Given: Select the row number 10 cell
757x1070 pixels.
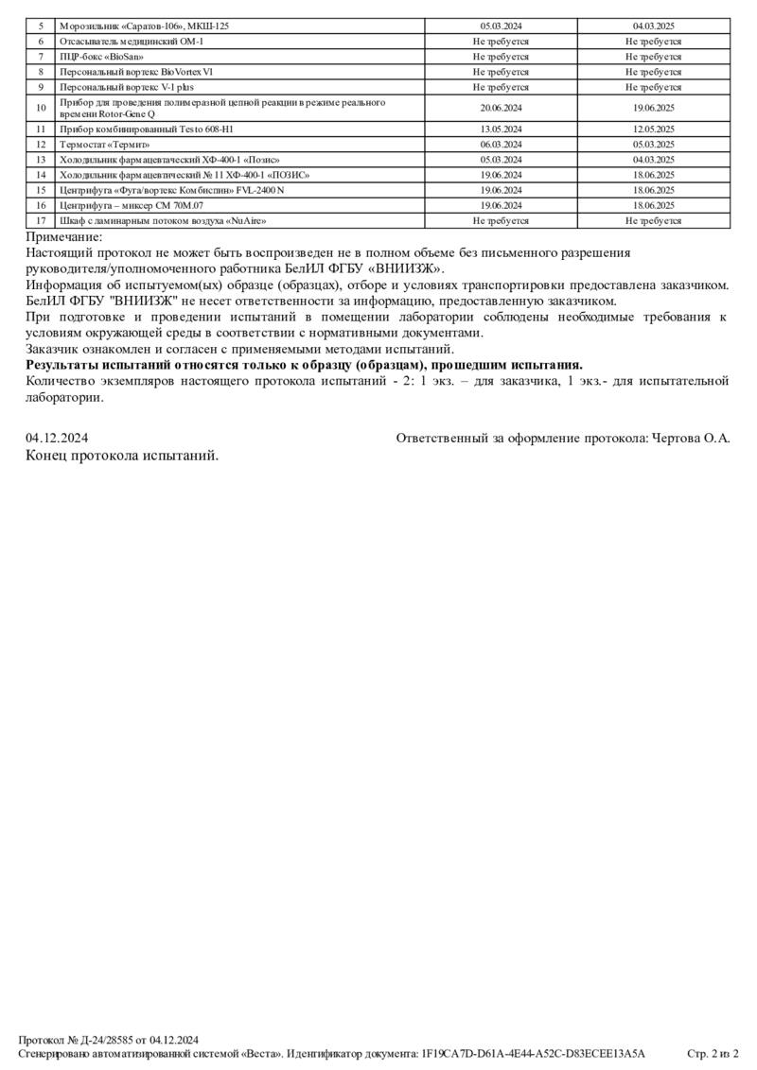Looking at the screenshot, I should pyautogui.click(x=41, y=108).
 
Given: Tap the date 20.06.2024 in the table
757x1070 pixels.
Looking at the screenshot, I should pyautogui.click(x=501, y=108).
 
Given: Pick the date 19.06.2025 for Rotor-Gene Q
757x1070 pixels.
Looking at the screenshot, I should pyautogui.click(x=653, y=108).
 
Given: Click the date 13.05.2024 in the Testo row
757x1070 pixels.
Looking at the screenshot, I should pyautogui.click(x=501, y=129).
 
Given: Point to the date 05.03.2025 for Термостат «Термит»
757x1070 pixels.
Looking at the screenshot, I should pyautogui.click(x=653, y=145).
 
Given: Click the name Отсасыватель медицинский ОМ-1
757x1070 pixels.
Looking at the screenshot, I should pyautogui.click(x=132, y=42).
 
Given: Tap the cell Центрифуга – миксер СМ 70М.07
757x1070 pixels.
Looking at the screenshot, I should pyautogui.click(x=132, y=205).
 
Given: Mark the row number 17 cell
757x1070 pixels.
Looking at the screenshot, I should pyautogui.click(x=41, y=220).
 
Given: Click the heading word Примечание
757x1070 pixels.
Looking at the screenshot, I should pyautogui.click(x=64, y=238).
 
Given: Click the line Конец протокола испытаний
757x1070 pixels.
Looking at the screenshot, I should pyautogui.click(x=122, y=456).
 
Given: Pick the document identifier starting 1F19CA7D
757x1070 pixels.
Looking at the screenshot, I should pyautogui.click(x=534, y=1053).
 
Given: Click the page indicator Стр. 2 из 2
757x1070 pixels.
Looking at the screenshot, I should pyautogui.click(x=712, y=1053).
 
